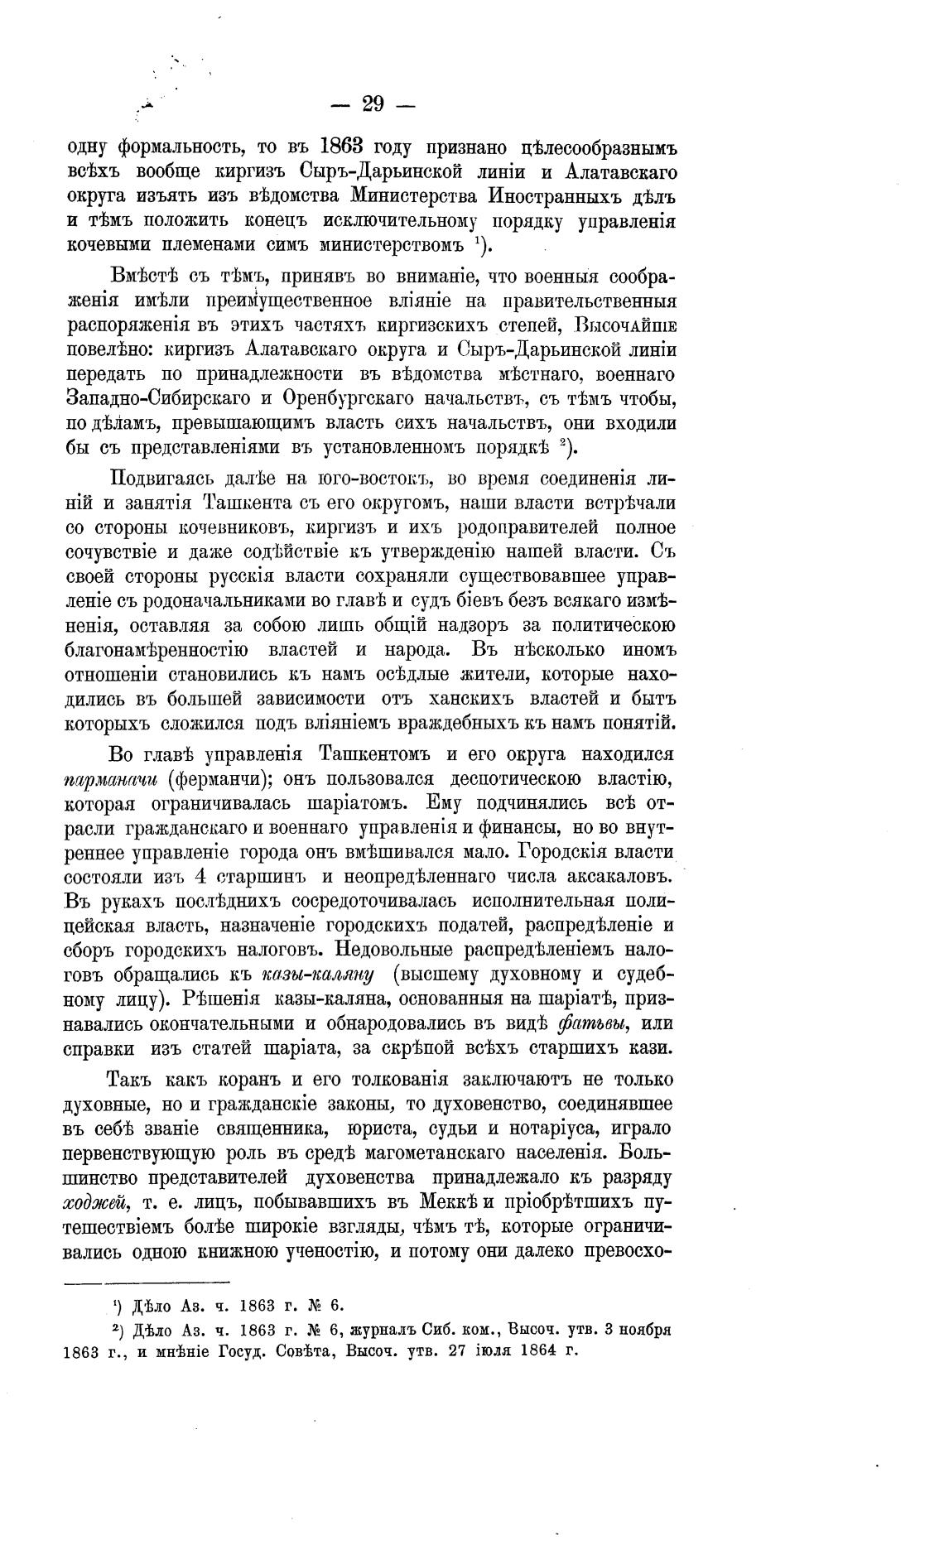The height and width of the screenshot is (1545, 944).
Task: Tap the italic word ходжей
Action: (x=95, y=1201)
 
